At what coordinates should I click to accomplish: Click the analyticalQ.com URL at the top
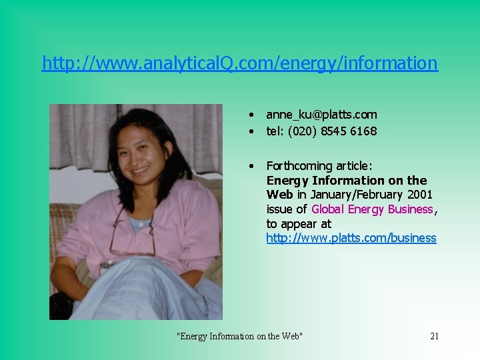[239, 63]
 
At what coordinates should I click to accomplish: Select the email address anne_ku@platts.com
[321, 115]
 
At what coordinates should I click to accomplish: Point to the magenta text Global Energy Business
[372, 209]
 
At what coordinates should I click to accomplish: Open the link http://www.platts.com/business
[351, 238]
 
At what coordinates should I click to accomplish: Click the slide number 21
[434, 336]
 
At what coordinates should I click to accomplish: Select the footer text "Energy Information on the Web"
[239, 336]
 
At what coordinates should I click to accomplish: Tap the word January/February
[351, 195]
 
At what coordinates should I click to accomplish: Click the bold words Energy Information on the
[347, 181]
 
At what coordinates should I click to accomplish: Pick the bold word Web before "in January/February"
[280, 195]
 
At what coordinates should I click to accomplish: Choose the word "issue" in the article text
[279, 209]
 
